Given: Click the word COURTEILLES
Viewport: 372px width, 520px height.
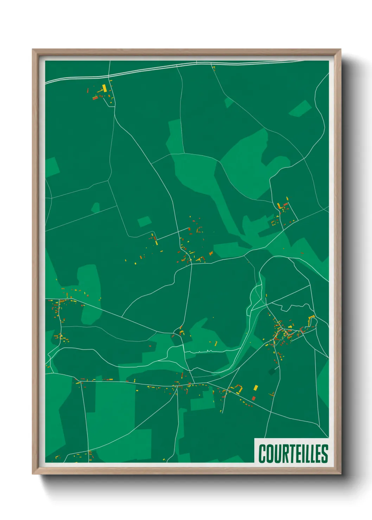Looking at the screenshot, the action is pyautogui.click(x=293, y=454).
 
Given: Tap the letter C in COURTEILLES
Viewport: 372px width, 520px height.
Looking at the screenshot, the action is pyautogui.click(x=262, y=454).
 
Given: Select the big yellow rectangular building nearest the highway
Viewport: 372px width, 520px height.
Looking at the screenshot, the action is pyautogui.click(x=104, y=88).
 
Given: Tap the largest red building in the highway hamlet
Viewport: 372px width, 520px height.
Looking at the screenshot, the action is pyautogui.click(x=95, y=98).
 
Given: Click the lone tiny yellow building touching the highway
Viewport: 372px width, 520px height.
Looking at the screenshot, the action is pyautogui.click(x=213, y=67).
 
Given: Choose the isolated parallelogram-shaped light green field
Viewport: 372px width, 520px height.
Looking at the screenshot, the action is pyautogui.click(x=300, y=108).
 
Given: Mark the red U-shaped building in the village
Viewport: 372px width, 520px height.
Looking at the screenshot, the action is pyautogui.click(x=301, y=330).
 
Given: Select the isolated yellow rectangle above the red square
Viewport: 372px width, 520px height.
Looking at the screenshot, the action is pyautogui.click(x=256, y=388).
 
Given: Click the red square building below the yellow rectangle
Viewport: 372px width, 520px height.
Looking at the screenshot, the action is pyautogui.click(x=254, y=398).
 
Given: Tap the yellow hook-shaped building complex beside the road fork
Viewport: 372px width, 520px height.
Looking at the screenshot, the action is pyautogui.click(x=239, y=388).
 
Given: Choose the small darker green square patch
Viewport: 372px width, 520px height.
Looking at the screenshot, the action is pyautogui.click(x=272, y=372).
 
